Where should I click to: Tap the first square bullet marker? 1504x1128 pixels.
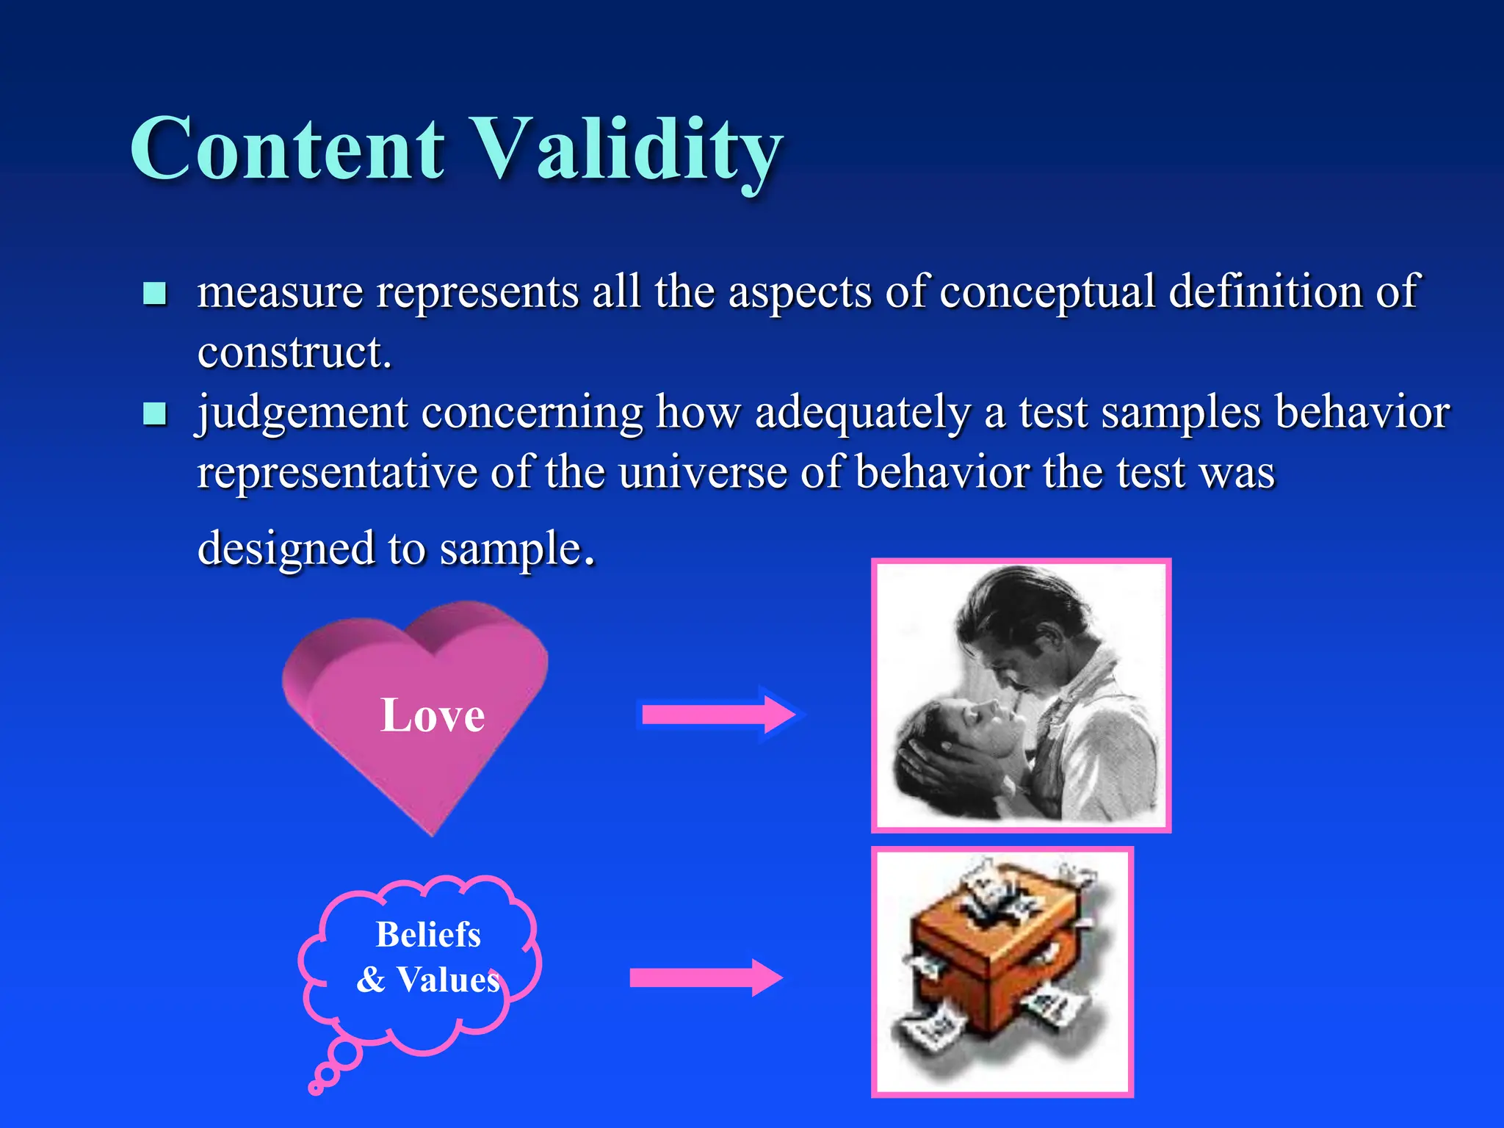[x=154, y=294]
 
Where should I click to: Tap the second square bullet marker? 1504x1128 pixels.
[x=154, y=414]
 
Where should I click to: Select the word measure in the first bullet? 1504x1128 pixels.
[x=280, y=292]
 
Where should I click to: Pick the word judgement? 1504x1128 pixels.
[x=302, y=413]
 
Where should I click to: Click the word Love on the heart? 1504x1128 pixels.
[x=433, y=715]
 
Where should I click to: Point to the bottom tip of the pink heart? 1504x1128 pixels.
[x=433, y=831]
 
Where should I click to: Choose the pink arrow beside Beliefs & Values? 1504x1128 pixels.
[x=706, y=977]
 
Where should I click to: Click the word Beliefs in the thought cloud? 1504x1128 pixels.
[x=428, y=935]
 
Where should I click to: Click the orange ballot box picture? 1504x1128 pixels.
[x=1002, y=971]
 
